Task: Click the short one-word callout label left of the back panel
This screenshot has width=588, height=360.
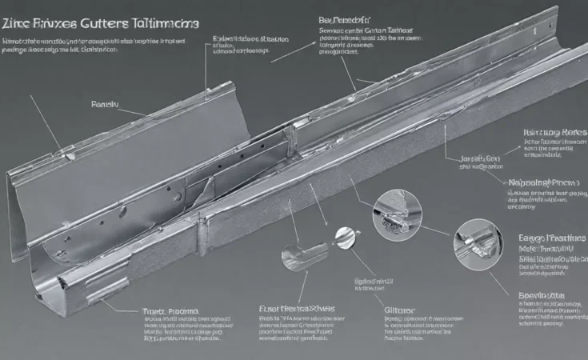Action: point(105,105)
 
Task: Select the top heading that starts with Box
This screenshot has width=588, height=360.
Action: point(344,18)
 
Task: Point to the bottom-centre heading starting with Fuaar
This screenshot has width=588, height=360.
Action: point(297,309)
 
